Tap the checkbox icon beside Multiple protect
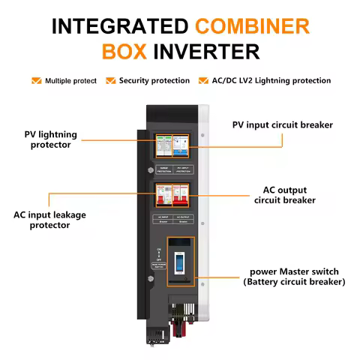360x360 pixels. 36,80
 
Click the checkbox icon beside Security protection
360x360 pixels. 111,80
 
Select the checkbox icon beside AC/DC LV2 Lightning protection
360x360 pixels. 203,80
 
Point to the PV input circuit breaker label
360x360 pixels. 282,124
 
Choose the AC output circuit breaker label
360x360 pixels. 284,195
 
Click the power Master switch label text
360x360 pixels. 298,276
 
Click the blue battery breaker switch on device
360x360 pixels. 180,264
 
